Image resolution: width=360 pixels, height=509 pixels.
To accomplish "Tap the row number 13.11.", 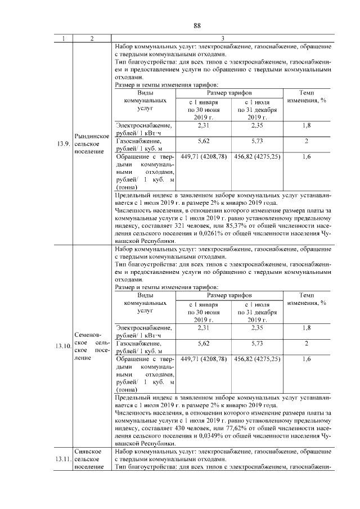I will coord(64,460).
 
